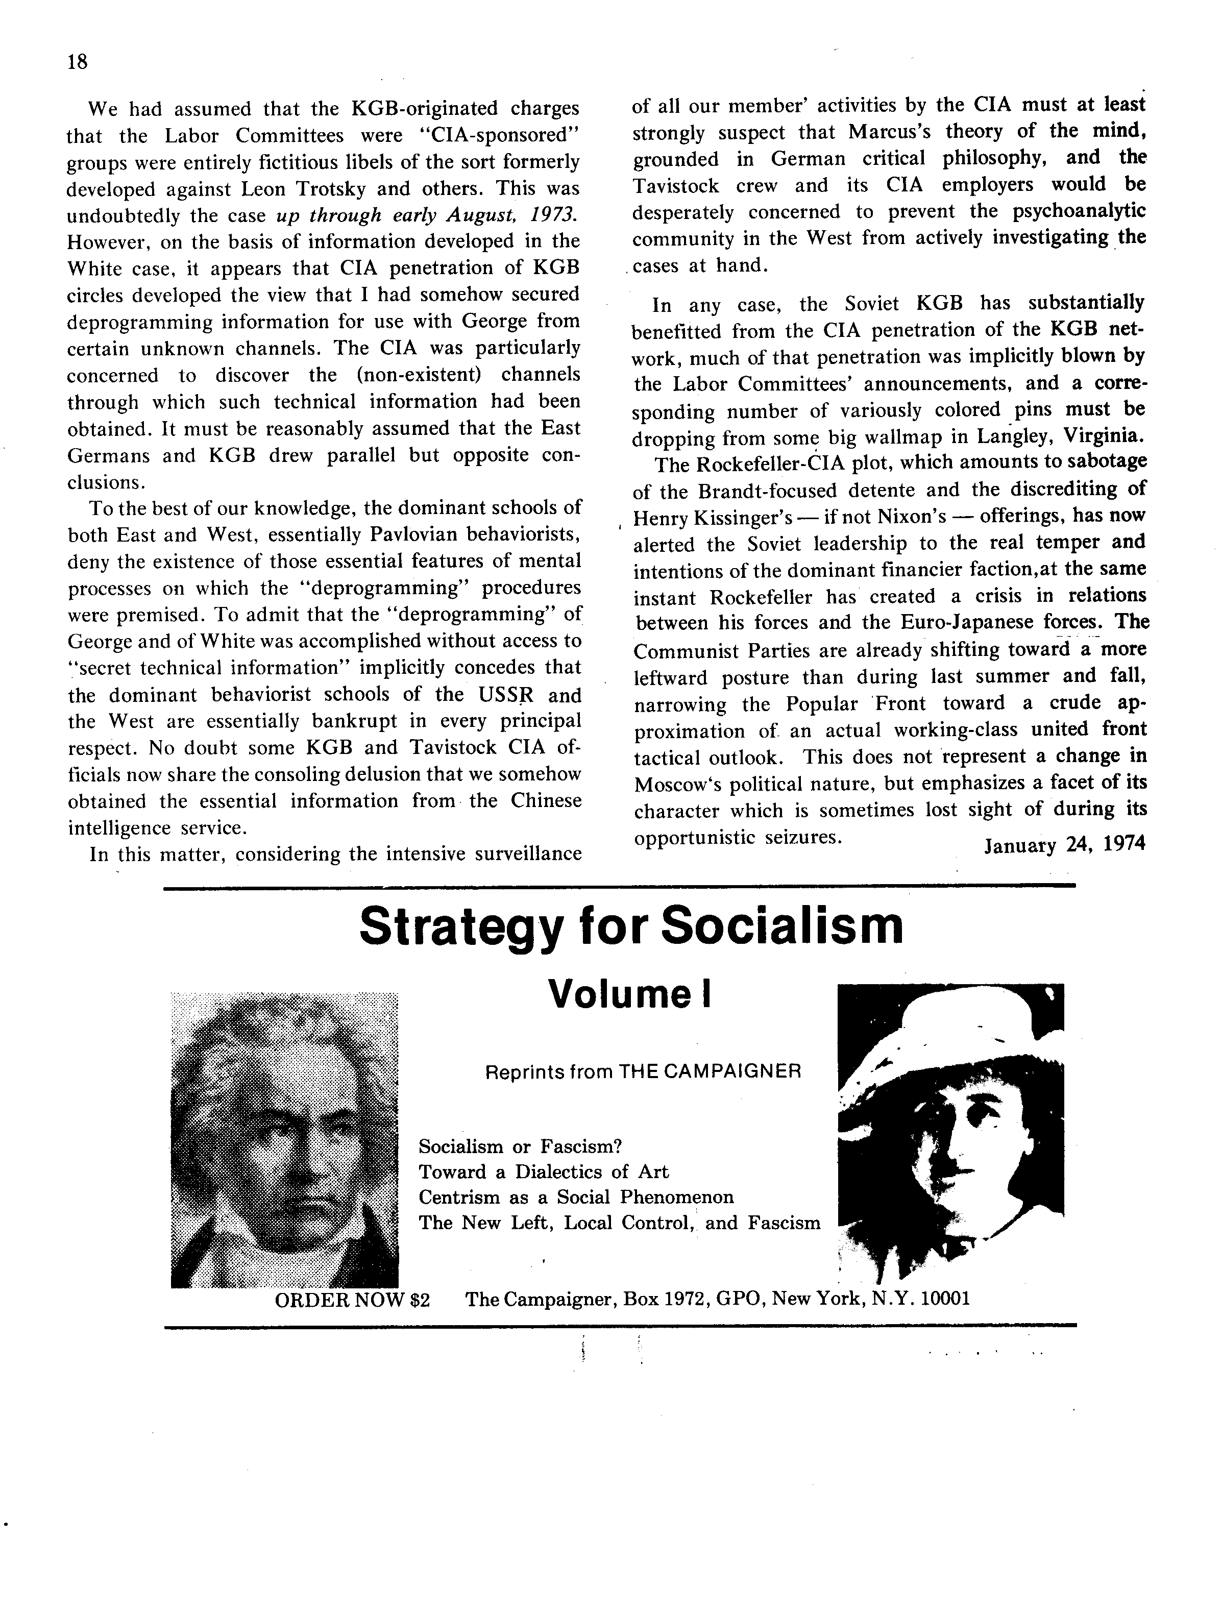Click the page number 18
(x=77, y=63)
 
